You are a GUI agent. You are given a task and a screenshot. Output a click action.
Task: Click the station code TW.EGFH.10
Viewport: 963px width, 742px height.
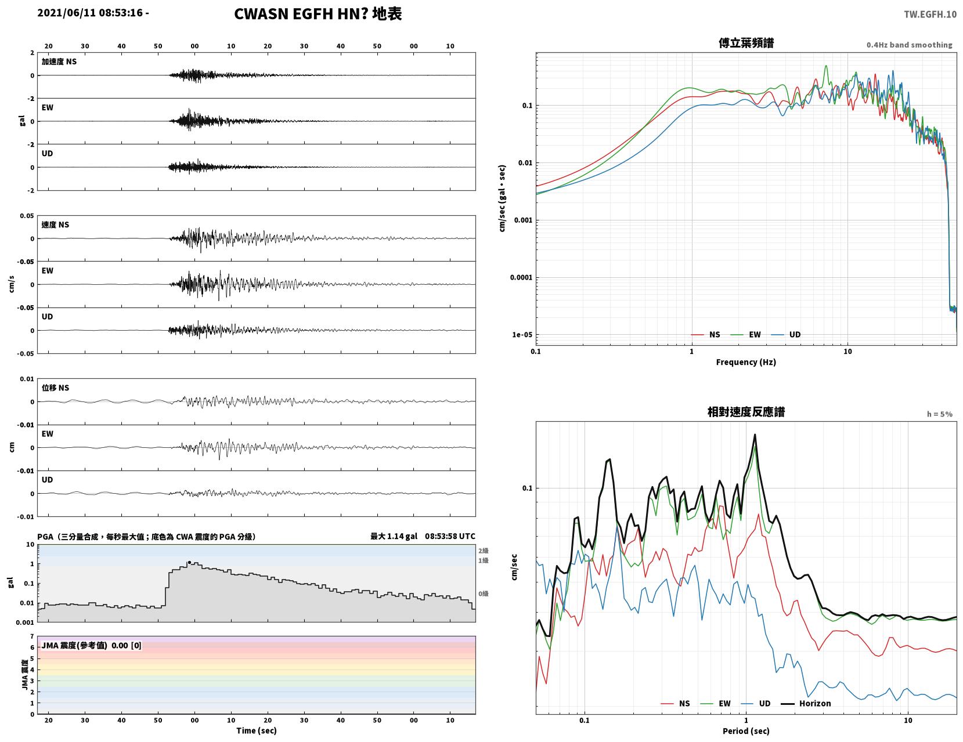pos(930,14)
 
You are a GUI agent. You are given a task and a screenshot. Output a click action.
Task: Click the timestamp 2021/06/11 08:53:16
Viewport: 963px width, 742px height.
pos(90,13)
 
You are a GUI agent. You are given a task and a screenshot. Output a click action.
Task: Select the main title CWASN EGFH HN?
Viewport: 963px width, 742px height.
pos(301,14)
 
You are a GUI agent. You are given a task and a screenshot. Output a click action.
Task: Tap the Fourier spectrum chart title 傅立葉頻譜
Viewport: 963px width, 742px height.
pos(746,43)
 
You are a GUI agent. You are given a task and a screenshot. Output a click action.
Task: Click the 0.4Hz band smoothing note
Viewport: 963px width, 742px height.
pos(909,45)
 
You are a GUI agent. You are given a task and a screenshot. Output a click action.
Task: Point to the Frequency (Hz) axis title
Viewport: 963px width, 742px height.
pos(746,362)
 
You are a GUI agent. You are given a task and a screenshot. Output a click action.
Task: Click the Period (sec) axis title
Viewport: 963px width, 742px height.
pos(746,731)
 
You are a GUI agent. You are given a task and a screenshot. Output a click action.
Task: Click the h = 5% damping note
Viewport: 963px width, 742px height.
pos(940,414)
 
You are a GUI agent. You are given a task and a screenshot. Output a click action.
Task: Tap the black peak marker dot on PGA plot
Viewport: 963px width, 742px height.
pos(189,563)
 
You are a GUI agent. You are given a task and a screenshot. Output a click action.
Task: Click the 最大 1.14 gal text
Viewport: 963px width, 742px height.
pos(394,537)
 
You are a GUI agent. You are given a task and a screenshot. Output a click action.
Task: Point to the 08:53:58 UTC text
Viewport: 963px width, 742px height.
pos(450,537)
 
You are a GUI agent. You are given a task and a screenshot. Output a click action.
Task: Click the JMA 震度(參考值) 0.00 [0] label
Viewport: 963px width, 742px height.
pos(91,646)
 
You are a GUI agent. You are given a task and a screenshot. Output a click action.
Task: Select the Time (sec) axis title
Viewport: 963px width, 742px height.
pos(256,731)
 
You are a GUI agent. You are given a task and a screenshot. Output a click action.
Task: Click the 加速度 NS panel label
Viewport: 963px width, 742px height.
pos(59,61)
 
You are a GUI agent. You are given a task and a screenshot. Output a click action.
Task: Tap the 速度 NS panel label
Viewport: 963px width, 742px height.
pos(55,225)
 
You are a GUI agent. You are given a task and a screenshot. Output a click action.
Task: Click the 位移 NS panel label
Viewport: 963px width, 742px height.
pos(55,388)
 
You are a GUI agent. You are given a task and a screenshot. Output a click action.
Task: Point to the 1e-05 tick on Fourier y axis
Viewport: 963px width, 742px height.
pos(522,335)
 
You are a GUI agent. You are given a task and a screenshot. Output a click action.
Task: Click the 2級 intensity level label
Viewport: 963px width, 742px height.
pos(483,551)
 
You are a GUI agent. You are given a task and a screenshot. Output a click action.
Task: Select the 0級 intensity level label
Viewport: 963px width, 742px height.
pos(483,593)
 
